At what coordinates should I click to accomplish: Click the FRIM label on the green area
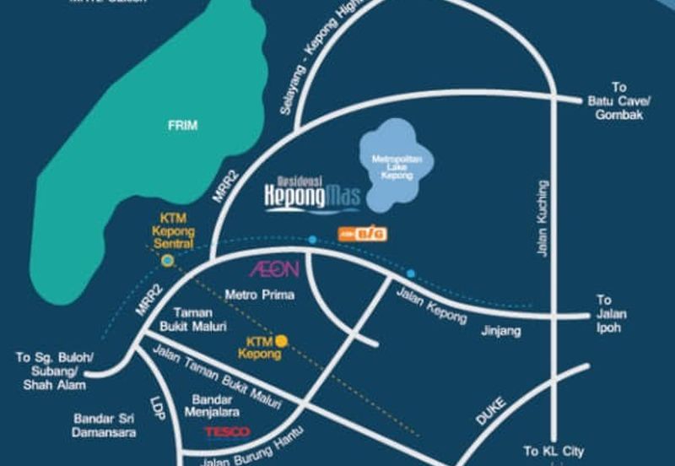pyautogui.click(x=182, y=126)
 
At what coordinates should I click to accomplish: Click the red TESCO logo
pyautogui.click(x=227, y=432)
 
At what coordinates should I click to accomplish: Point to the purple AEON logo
pyautogui.click(x=273, y=270)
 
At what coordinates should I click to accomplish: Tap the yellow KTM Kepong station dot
pyautogui.click(x=283, y=341)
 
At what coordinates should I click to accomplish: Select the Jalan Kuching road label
pyautogui.click(x=543, y=218)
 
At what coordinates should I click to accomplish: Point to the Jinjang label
pyautogui.click(x=501, y=331)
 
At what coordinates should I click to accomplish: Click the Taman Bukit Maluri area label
pyautogui.click(x=192, y=319)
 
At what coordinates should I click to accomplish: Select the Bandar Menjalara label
pyautogui.click(x=216, y=404)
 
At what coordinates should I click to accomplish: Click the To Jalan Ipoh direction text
pyautogui.click(x=608, y=313)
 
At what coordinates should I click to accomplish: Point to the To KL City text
pyautogui.click(x=553, y=452)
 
